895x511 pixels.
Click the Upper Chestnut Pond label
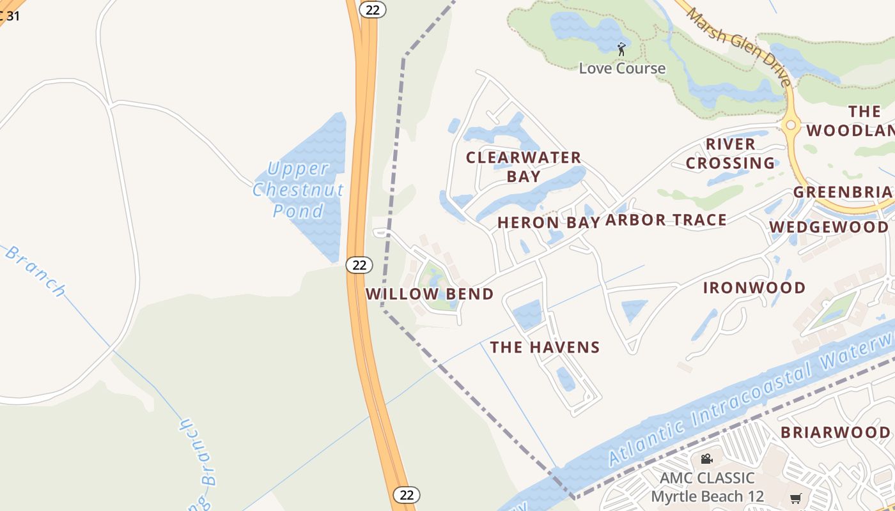[298, 189]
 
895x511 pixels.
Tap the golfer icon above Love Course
[621, 49]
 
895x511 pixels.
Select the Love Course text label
[622, 68]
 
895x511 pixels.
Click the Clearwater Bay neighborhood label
[524, 166]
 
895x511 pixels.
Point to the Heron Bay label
[549, 222]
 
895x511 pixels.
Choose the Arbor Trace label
[666, 220]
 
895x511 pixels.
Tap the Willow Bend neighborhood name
[430, 294]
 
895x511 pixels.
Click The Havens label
[545, 347]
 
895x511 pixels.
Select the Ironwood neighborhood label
[754, 288]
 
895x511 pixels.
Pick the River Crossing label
[731, 153]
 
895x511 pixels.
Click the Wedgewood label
[829, 227]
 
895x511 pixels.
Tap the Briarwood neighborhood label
[835, 432]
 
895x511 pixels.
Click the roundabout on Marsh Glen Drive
[791, 125]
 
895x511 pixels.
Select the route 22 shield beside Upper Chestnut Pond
[359, 264]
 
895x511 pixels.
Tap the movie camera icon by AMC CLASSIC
[706, 459]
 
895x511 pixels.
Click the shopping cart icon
[795, 498]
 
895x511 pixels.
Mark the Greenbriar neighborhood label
[843, 192]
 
